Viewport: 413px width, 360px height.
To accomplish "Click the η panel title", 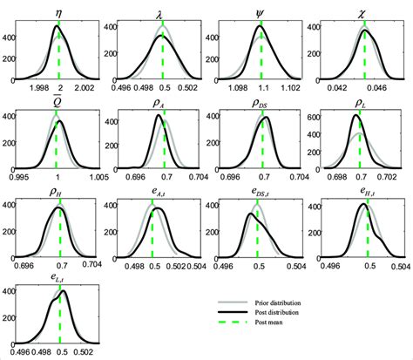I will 59,13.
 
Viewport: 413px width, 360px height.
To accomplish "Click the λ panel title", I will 161,13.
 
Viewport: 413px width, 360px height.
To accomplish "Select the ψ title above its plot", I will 261,13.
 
